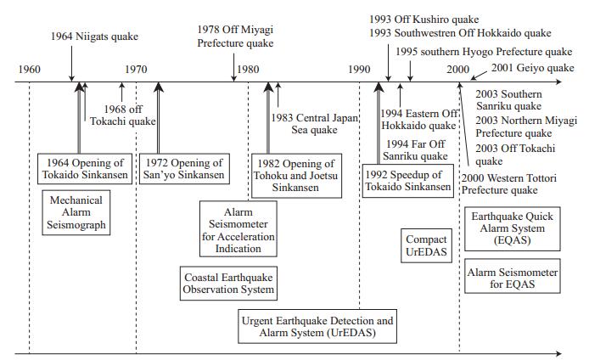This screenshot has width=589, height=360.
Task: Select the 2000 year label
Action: [x=458, y=68]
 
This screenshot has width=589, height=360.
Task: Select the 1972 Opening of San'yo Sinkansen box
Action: [x=184, y=169]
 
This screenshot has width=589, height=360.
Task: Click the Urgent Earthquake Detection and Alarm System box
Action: [x=317, y=327]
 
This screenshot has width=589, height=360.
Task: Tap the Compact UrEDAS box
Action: [x=426, y=246]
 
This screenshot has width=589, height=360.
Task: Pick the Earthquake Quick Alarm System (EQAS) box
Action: [x=512, y=228]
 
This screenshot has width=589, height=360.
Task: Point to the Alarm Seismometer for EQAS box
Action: [x=512, y=278]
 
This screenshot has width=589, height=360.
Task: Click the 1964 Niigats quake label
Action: [x=93, y=37]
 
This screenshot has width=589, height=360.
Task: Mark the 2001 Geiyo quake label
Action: [x=532, y=68]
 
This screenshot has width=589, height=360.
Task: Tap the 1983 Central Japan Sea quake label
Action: [x=315, y=123]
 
